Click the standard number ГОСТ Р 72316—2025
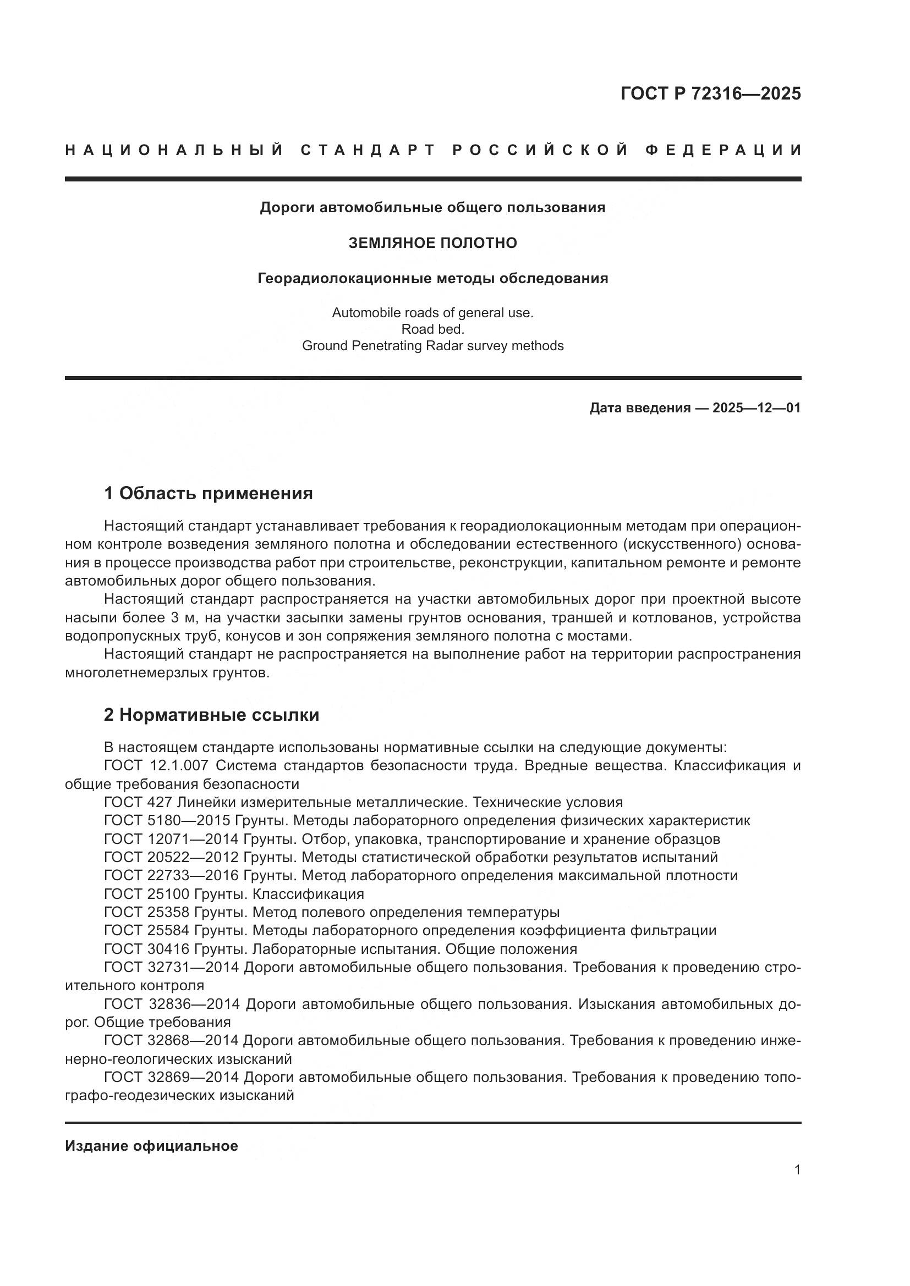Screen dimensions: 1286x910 (710, 93)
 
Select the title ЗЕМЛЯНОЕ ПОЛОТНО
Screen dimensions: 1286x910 (432, 243)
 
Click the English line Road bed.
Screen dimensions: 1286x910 (432, 329)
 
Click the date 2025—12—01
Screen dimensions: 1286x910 (756, 408)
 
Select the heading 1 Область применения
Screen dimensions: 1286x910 (208, 493)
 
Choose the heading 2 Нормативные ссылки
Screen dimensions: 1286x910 (211, 715)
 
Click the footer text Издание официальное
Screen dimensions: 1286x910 (151, 1146)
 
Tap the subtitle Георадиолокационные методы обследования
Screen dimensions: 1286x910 (432, 278)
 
